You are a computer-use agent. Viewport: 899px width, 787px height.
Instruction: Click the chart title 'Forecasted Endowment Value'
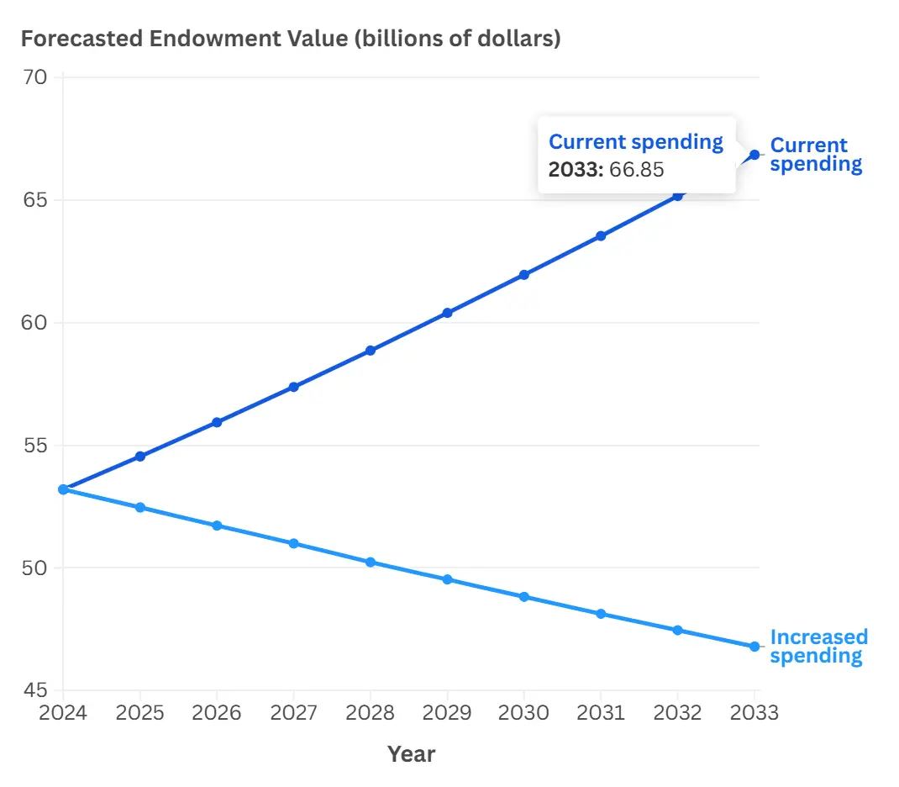290,39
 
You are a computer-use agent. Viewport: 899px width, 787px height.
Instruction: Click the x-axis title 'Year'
411,754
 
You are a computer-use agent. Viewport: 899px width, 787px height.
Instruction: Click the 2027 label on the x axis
293,714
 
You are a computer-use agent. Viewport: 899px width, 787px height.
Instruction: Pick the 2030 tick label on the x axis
523,714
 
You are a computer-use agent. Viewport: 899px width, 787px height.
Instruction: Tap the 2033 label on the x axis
754,714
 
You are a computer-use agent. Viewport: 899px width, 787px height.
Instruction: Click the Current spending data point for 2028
371,351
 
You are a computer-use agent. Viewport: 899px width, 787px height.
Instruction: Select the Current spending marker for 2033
754,155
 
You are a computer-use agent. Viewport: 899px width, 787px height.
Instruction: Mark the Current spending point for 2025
140,457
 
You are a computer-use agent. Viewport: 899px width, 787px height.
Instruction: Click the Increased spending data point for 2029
447,579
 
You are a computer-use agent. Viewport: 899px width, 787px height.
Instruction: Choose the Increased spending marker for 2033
754,647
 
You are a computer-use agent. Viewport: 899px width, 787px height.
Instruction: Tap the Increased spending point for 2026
217,526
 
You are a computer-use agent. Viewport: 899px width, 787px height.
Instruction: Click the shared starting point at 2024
63,489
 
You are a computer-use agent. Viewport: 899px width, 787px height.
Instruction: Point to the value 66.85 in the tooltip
637,170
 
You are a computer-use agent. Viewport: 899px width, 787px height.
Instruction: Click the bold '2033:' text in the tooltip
576,170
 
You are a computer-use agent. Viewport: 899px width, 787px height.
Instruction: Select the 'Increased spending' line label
818,647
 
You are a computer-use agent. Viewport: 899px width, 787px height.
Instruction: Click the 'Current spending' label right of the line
815,155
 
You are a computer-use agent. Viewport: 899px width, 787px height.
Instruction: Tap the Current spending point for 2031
601,236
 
